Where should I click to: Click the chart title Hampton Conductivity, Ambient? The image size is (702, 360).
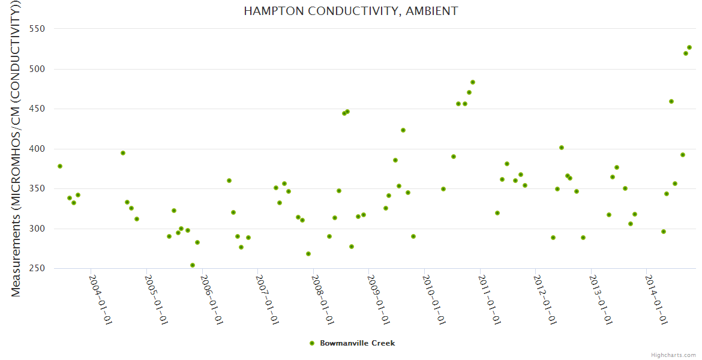point(350,11)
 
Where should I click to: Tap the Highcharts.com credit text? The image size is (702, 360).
point(674,355)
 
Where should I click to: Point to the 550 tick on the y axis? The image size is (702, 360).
point(40,29)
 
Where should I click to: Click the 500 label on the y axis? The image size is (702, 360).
point(40,69)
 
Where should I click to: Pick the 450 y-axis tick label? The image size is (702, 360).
point(40,109)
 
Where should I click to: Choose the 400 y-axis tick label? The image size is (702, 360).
point(40,149)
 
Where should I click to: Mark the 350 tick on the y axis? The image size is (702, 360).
point(40,188)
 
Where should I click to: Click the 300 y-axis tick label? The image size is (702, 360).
point(40,229)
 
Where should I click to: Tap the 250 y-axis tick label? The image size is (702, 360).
point(40,268)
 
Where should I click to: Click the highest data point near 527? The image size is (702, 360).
point(689,47)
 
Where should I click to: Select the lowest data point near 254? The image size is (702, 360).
point(193,265)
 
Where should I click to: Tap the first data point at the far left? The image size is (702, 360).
point(60,166)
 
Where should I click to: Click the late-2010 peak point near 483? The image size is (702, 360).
point(473,82)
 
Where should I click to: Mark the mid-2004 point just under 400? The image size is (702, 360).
point(123,153)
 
